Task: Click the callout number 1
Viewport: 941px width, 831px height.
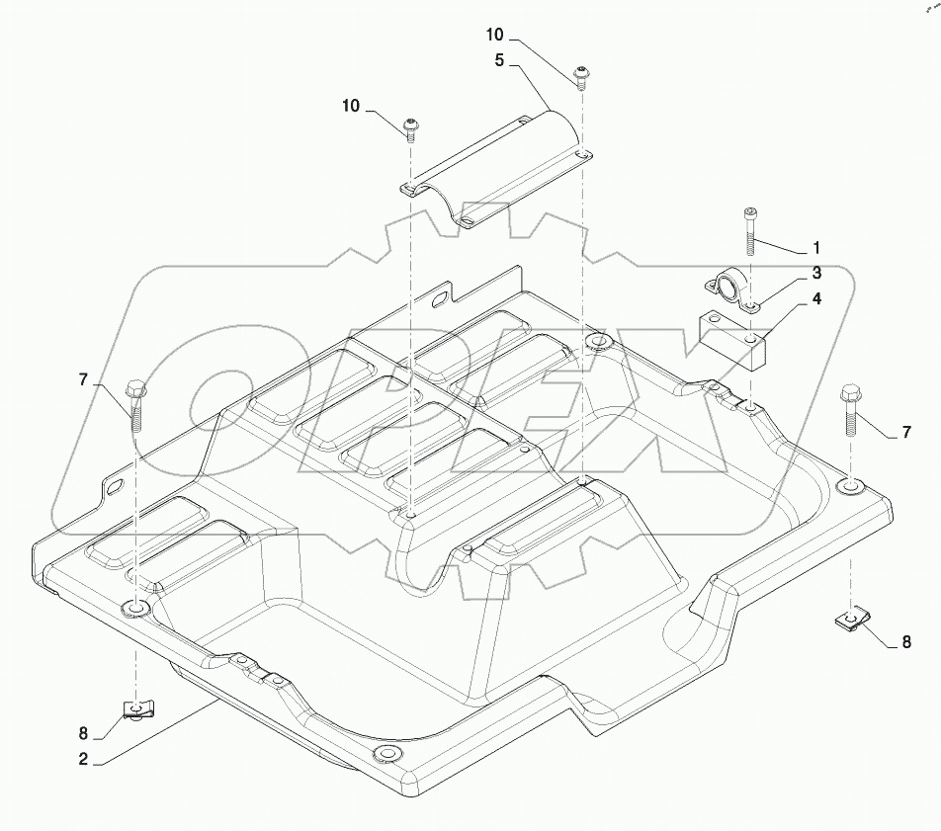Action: (815, 245)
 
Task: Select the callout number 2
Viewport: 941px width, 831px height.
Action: (84, 760)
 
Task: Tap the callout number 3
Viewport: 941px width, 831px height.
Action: (816, 272)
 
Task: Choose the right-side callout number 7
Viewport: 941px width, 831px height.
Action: (904, 433)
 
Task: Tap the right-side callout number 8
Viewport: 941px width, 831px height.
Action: (904, 641)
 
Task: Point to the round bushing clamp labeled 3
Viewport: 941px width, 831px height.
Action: (727, 290)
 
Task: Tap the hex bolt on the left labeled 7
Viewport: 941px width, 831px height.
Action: (135, 405)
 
